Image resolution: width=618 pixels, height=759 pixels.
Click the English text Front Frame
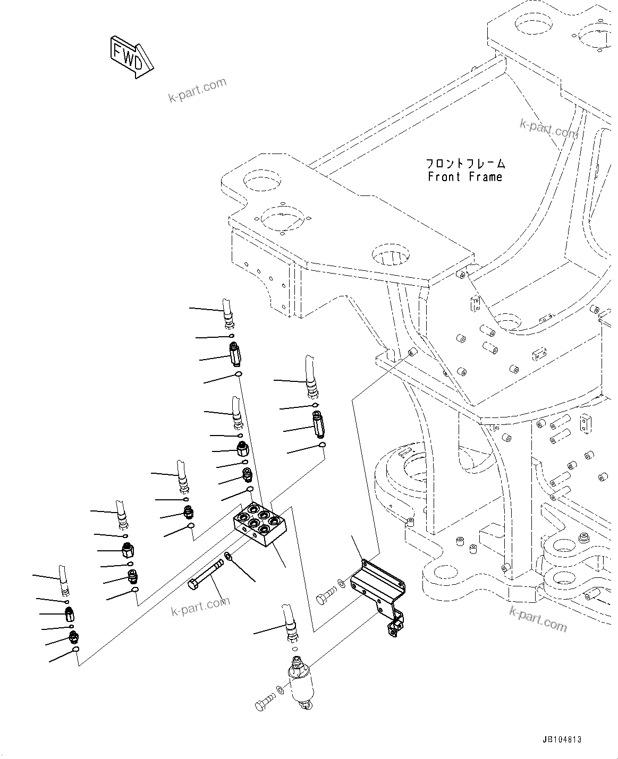coord(464,176)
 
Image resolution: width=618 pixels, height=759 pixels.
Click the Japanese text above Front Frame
coord(465,163)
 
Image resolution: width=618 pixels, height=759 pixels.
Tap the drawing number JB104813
coord(562,739)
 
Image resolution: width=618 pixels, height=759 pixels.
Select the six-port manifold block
coord(261,524)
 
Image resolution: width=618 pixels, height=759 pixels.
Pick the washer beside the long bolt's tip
coord(228,557)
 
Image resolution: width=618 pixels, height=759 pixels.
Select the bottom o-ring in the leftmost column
coord(76,649)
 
